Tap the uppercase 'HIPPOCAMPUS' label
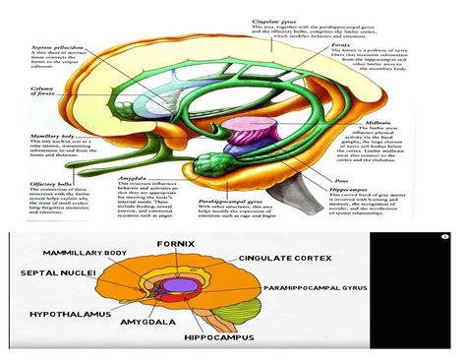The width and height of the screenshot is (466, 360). coord(216,335)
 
